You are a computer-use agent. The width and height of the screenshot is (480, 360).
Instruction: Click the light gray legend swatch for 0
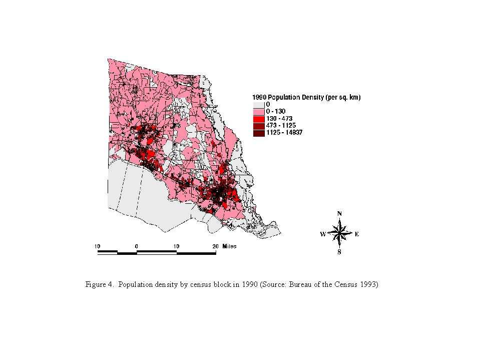258,104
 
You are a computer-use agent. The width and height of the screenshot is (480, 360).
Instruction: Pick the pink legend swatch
258,111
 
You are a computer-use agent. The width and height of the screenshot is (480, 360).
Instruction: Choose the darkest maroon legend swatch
258,133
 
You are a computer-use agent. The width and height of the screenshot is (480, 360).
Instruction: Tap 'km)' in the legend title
355,97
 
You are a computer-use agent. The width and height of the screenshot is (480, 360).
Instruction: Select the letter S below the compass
339,253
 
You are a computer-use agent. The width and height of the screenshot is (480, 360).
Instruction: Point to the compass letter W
323,234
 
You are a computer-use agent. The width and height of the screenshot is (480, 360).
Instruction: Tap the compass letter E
357,234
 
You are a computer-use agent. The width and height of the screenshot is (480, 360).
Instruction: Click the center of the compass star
340,233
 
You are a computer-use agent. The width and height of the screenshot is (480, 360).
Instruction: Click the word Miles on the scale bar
230,246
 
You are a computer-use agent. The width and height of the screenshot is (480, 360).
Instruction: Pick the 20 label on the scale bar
216,246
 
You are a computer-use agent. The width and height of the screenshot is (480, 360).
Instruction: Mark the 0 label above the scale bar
137,246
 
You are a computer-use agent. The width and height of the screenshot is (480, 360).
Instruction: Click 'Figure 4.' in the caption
100,285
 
